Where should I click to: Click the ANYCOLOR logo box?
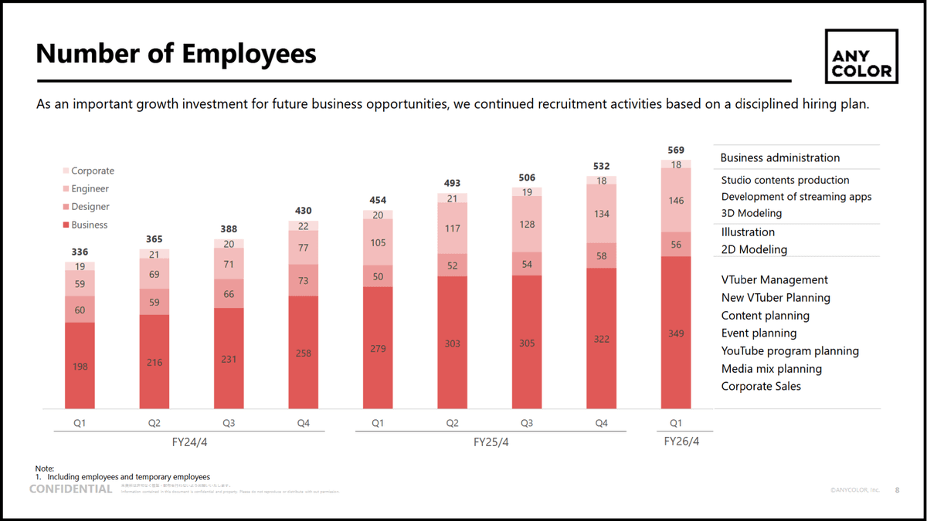point(861,58)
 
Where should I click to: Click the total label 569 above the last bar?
point(676,150)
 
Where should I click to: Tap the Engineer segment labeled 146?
point(676,200)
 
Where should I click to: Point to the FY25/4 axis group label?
point(491,442)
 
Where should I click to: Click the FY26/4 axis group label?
point(681,441)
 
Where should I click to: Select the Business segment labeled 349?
point(676,333)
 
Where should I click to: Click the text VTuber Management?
point(774,279)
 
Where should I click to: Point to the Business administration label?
point(779,157)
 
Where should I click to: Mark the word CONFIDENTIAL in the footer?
point(70,489)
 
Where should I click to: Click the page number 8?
point(897,490)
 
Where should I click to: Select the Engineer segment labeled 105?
point(378,242)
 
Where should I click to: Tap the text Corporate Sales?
point(761,386)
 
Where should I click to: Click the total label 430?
point(303,211)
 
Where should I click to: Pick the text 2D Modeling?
point(754,249)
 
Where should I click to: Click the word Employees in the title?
point(249,54)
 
